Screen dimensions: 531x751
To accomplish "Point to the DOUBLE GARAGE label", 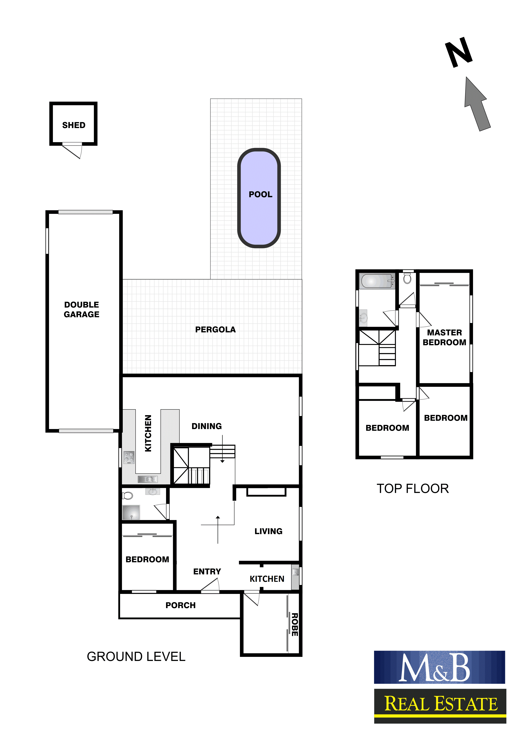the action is (81, 309).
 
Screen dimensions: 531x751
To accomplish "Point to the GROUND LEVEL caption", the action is (136, 656).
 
